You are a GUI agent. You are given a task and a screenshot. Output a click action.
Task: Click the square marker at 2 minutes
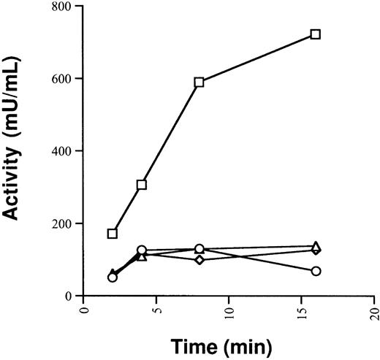click(x=113, y=234)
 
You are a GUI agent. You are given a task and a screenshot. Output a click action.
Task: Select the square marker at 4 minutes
click(x=142, y=185)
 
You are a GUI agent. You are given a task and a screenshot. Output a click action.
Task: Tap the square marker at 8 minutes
click(x=199, y=83)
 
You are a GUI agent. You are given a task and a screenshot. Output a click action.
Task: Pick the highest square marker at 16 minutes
click(x=316, y=34)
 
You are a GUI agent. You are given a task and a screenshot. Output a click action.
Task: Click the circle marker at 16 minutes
click(x=316, y=271)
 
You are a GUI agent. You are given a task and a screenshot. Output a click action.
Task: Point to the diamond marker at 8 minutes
click(x=199, y=260)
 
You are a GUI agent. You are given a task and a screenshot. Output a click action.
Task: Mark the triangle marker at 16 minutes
click(x=316, y=247)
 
